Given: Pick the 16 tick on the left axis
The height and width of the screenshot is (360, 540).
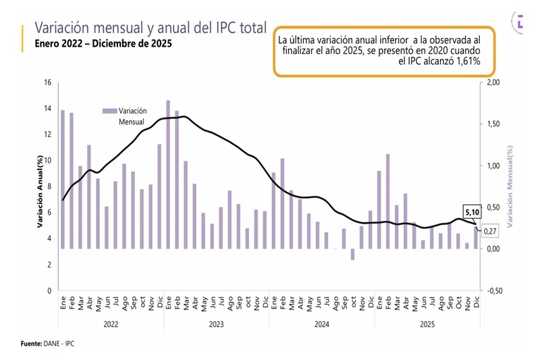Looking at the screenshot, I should [47, 83].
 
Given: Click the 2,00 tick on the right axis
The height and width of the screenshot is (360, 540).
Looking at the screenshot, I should [493, 83].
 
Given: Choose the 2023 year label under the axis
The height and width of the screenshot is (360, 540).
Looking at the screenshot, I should [216, 325].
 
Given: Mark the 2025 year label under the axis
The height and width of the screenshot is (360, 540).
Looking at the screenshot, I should [427, 325].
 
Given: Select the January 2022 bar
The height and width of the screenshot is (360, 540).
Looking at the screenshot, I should [63, 179].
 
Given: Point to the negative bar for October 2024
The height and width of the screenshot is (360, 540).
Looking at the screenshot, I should [352, 254].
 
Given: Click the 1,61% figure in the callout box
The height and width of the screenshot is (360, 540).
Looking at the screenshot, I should [466, 61].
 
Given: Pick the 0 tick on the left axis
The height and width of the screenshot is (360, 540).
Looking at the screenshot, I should [48, 290].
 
